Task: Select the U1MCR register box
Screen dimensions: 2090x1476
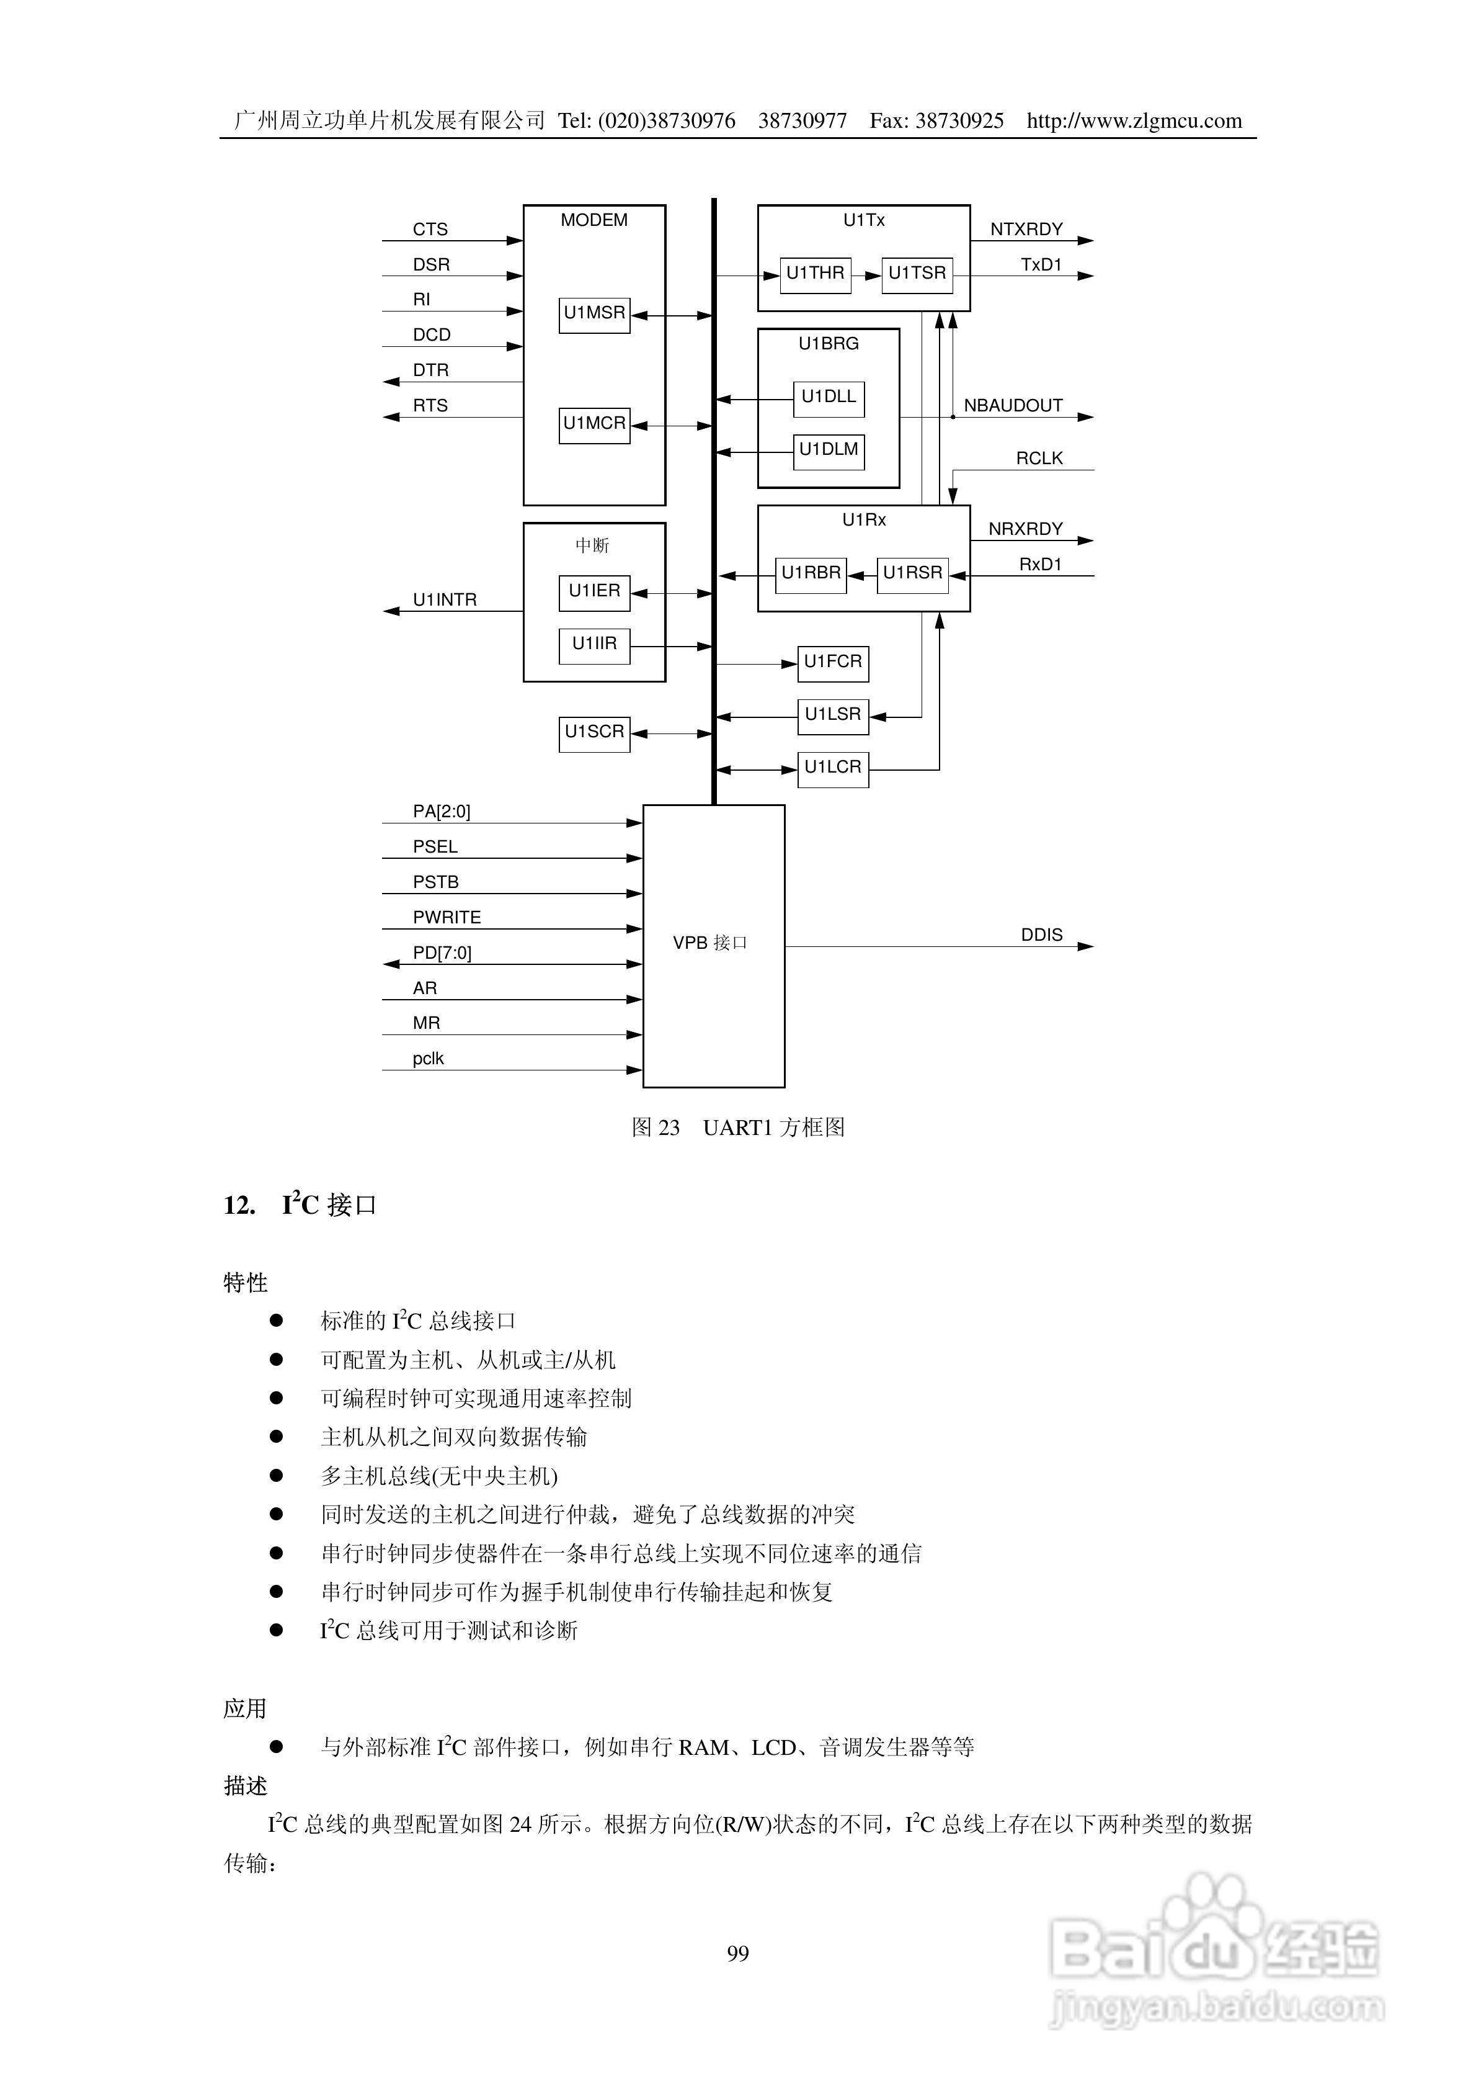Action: pyautogui.click(x=594, y=425)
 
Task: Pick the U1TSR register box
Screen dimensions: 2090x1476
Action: pyautogui.click(x=917, y=275)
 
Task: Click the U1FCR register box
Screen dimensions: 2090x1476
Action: pyautogui.click(x=833, y=663)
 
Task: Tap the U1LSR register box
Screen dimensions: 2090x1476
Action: pyautogui.click(x=833, y=716)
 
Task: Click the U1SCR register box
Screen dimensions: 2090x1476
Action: pyautogui.click(x=594, y=733)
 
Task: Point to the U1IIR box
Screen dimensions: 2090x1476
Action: pyautogui.click(x=594, y=645)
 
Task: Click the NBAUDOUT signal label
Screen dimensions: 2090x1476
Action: pyautogui.click(x=1013, y=406)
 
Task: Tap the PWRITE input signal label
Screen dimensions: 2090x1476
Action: pyautogui.click(x=447, y=918)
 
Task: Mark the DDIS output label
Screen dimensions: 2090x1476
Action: pyautogui.click(x=1041, y=935)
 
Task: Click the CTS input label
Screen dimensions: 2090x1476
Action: pyautogui.click(x=430, y=230)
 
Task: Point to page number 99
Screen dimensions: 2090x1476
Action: pyautogui.click(x=738, y=1953)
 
